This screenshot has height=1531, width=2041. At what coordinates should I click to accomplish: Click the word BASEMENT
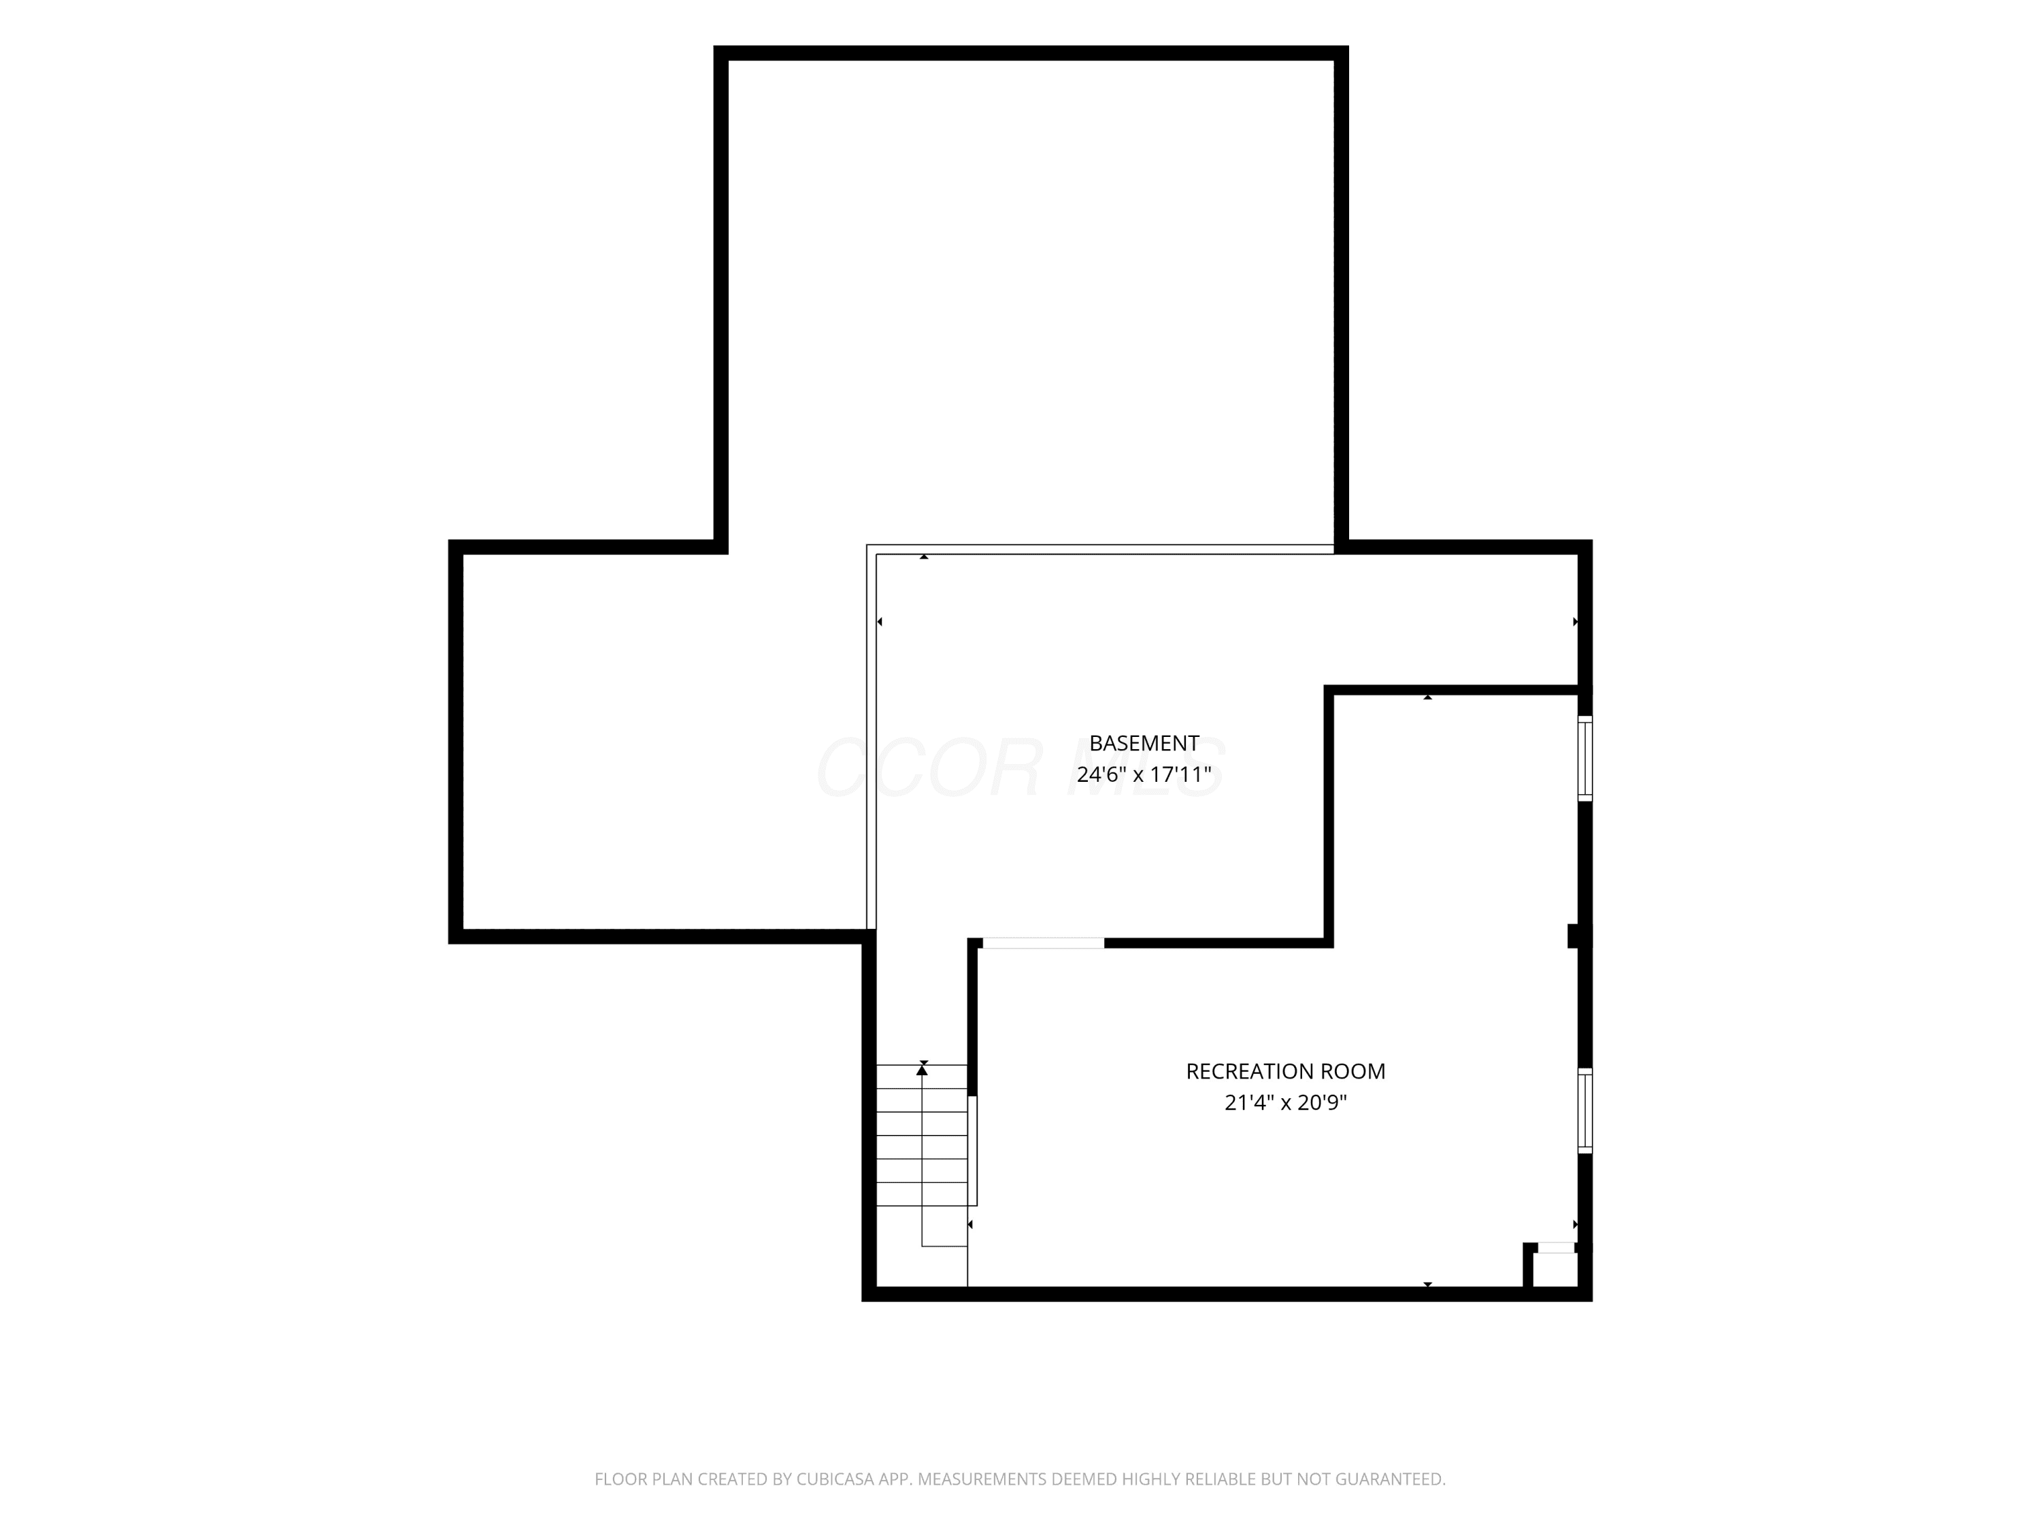(1144, 743)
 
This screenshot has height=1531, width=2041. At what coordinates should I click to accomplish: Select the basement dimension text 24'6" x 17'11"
(1144, 774)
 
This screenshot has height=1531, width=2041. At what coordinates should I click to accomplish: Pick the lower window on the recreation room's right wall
(1585, 1110)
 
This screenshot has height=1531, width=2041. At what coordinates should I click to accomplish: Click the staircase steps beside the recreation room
(922, 1135)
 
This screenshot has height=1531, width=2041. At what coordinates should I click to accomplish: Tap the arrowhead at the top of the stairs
(922, 1070)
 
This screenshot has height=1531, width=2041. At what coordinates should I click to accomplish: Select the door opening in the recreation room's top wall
(1043, 942)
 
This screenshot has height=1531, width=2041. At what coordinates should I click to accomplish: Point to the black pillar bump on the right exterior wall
(1578, 936)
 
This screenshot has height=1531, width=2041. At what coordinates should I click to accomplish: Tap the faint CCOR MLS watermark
(1020, 768)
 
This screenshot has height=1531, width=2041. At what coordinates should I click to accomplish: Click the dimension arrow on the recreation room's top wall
(1427, 697)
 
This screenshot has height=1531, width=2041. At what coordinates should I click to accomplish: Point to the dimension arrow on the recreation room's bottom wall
(1427, 1285)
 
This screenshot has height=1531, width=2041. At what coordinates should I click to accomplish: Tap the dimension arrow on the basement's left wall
(879, 622)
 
